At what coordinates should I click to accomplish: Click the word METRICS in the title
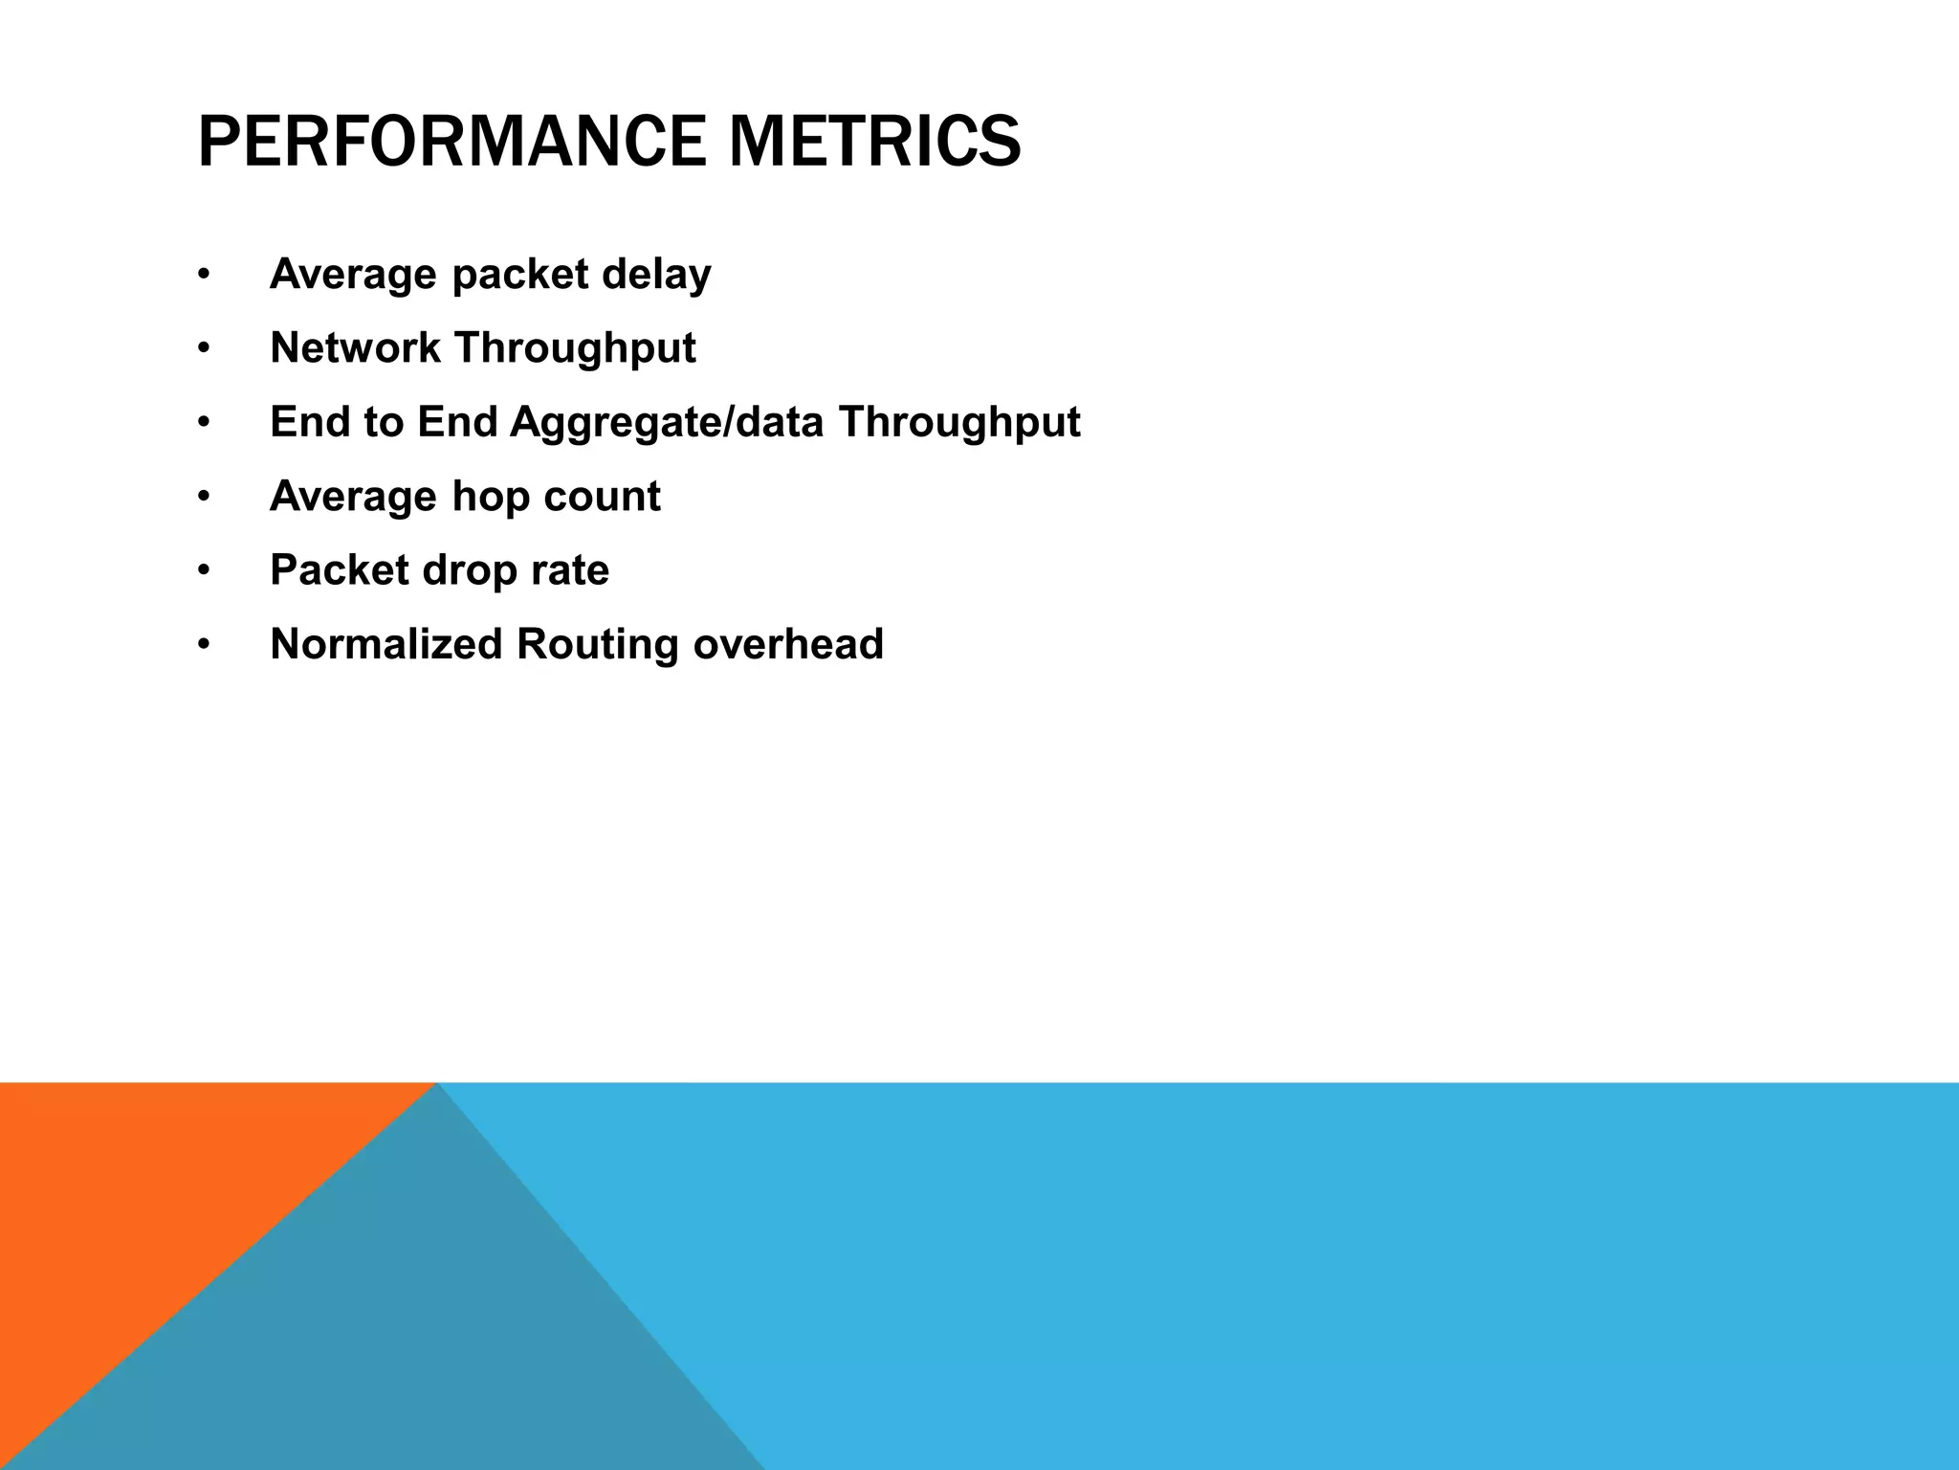click(x=874, y=143)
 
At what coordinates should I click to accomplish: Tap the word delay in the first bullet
click(x=656, y=275)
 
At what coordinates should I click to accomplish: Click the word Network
click(x=355, y=347)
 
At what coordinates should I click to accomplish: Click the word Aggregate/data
click(x=666, y=423)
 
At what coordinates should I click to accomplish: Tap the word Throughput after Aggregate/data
click(x=959, y=423)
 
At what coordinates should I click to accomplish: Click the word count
click(x=602, y=497)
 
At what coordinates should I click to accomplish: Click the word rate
click(x=572, y=570)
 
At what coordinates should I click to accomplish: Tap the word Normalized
click(x=385, y=644)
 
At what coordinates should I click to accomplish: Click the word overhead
click(x=788, y=644)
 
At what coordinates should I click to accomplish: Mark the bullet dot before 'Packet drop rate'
click(x=203, y=571)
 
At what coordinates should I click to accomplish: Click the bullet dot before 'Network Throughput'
click(x=203, y=349)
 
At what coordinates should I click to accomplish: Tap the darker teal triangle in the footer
click(x=430, y=1340)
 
